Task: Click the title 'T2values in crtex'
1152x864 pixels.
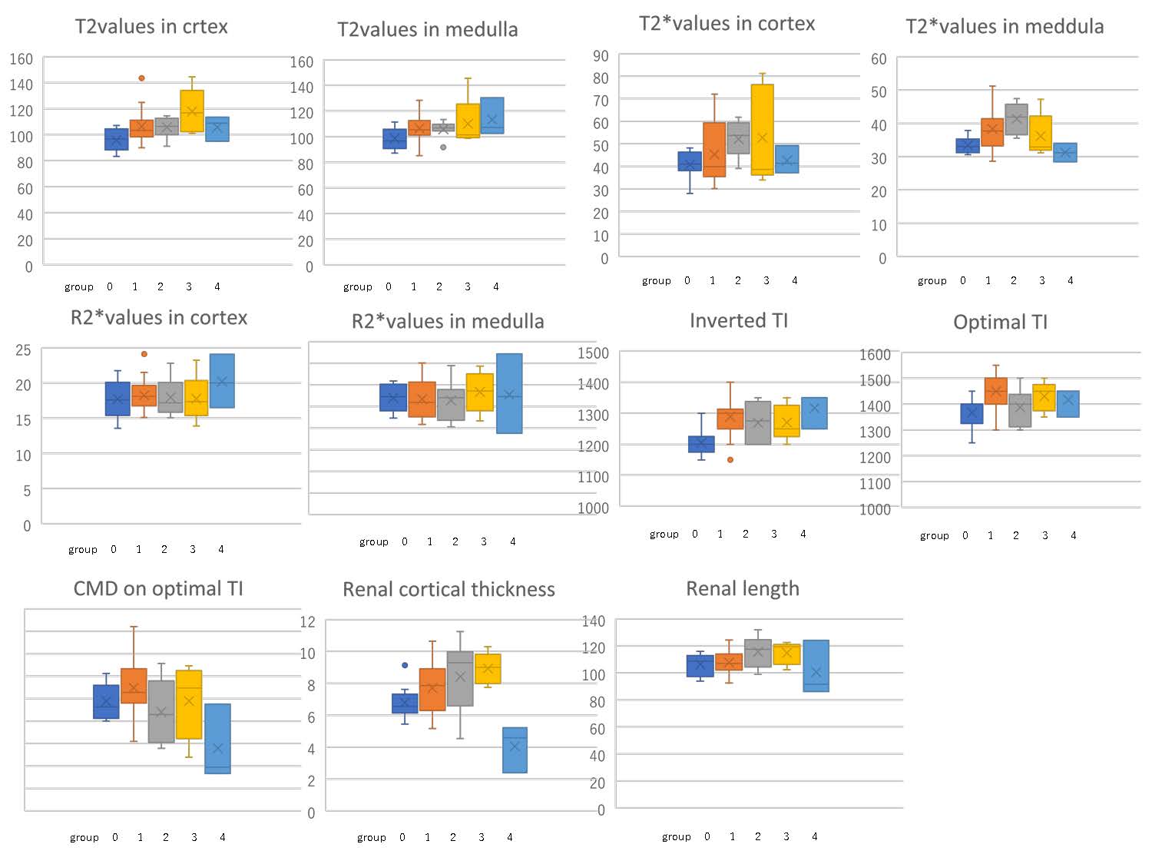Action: coord(151,27)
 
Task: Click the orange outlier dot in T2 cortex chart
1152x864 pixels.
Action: coord(141,78)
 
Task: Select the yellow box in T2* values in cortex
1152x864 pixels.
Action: coord(762,129)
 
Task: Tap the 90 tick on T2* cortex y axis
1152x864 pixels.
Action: coord(601,56)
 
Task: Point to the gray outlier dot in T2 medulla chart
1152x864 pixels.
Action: coord(443,147)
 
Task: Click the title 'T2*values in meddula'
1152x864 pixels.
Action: coord(1005,27)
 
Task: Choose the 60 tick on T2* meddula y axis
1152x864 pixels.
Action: coord(879,59)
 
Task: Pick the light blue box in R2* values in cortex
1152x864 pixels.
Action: coord(222,381)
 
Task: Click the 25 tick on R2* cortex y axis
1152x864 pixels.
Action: coord(23,350)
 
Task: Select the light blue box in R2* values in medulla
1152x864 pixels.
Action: coord(509,393)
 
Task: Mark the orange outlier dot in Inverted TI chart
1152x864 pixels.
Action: coord(730,459)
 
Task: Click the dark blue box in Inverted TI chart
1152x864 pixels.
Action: coord(701,444)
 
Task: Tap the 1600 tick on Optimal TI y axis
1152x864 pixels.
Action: coord(875,355)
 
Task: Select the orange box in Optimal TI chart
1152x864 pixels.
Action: coord(995,391)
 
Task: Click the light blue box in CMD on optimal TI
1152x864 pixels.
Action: coord(217,738)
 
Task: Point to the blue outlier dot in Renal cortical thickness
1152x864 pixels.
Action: coord(405,665)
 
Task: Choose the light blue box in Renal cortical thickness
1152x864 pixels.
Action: coord(515,750)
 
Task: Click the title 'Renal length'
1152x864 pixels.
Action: coord(742,589)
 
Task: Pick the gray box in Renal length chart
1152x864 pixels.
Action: coord(758,653)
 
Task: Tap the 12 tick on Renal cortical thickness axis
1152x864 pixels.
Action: coord(307,622)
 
